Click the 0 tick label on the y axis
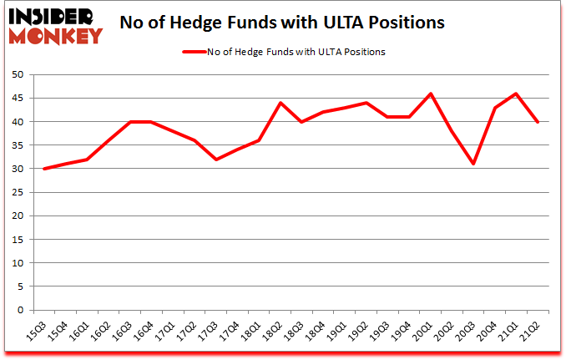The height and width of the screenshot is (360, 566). point(18,311)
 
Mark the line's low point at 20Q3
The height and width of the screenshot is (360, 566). point(473,164)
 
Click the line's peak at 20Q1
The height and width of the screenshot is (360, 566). point(430,94)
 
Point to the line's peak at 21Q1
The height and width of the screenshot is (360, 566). point(516,94)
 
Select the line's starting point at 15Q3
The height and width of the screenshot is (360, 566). point(44,169)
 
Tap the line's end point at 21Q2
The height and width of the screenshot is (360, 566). point(537,122)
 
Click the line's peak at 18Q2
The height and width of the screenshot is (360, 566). point(280,103)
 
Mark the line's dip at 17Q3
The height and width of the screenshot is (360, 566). point(216,160)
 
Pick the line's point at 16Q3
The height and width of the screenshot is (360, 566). point(130,122)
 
